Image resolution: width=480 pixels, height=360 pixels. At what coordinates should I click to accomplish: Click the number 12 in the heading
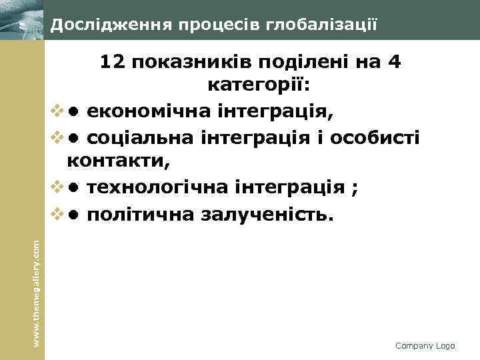tap(113, 63)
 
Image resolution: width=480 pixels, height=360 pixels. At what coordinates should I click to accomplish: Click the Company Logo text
tap(425, 345)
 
